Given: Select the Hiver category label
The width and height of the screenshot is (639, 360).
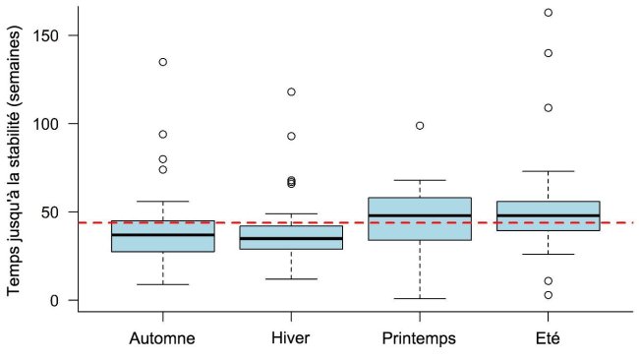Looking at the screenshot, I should coord(291,339).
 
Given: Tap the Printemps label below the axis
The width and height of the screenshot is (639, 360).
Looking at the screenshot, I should coord(420,339).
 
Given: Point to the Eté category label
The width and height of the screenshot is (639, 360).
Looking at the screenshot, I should coord(548,339).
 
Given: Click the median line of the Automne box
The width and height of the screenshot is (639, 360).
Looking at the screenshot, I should coord(162,235).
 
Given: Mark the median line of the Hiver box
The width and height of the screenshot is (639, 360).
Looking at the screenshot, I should coord(291,238).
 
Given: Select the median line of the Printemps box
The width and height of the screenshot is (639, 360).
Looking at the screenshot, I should coord(420,215).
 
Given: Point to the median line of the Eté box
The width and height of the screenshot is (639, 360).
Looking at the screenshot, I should coord(548,215).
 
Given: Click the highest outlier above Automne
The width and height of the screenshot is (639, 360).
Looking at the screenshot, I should coord(162,62).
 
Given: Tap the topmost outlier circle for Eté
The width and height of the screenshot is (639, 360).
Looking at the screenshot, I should coord(548,13).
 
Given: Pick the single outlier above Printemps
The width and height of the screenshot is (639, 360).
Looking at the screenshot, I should coord(420,126).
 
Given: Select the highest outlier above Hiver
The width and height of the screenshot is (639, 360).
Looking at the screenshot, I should coord(291,92).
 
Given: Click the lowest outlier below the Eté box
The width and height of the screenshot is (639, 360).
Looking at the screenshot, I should coord(548,295).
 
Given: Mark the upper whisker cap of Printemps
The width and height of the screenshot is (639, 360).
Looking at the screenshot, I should coord(420,180).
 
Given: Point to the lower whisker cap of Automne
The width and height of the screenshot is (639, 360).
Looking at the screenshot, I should coord(162,284).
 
